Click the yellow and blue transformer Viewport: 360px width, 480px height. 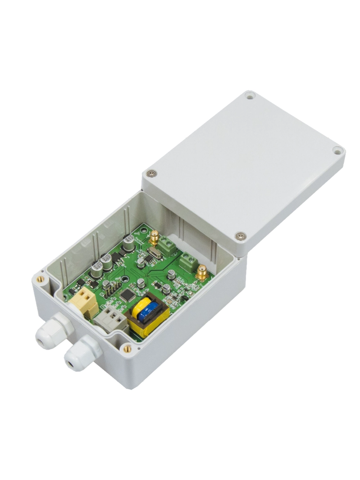[x=149, y=315]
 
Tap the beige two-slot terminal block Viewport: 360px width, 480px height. [x=84, y=300]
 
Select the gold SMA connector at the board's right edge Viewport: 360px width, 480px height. [x=202, y=273]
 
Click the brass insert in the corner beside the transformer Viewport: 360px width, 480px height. [x=127, y=348]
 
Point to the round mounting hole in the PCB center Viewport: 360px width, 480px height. [x=124, y=279]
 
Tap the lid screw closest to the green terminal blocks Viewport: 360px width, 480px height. [x=240, y=236]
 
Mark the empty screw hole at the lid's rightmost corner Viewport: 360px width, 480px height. [x=337, y=151]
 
